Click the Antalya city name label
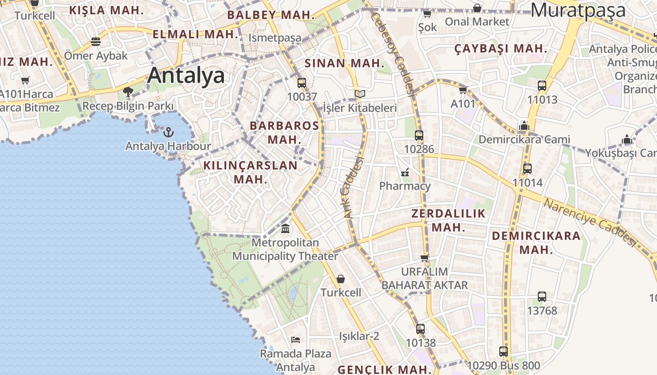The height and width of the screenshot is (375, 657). pyautogui.click(x=186, y=75)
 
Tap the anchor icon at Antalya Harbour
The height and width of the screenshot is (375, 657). pyautogui.click(x=168, y=132)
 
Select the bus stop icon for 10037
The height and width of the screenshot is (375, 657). pyautogui.click(x=301, y=83)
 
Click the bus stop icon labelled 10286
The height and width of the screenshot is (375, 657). pyautogui.click(x=419, y=135)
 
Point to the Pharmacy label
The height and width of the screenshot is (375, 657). pyautogui.click(x=405, y=186)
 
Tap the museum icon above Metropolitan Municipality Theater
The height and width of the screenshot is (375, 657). pyautogui.click(x=285, y=229)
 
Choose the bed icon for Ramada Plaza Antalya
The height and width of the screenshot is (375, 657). pyautogui.click(x=296, y=339)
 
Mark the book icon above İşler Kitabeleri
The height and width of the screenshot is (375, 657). pyautogui.click(x=359, y=94)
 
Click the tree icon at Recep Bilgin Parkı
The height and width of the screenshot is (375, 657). pyautogui.click(x=128, y=91)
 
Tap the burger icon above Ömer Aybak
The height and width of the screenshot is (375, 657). pyautogui.click(x=96, y=42)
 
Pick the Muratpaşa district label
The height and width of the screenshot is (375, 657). pyautogui.click(x=578, y=10)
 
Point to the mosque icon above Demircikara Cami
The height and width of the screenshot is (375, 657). pyautogui.click(x=524, y=126)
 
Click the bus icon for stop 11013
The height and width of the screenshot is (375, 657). pyautogui.click(x=542, y=86)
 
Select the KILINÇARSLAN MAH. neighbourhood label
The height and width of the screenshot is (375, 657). pyautogui.click(x=250, y=172)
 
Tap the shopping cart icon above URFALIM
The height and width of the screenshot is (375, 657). pyautogui.click(x=425, y=258)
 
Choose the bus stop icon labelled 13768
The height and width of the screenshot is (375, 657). pyautogui.click(x=542, y=297)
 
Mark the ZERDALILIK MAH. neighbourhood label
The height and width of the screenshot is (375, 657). pyautogui.click(x=448, y=220)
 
